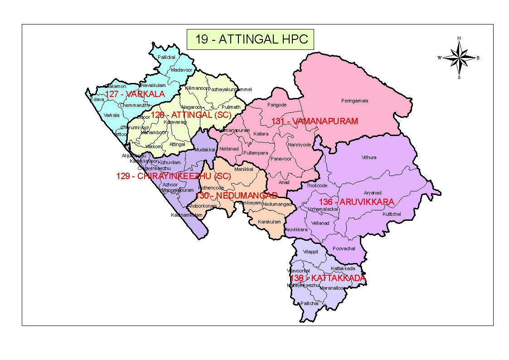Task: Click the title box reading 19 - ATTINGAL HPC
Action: click(x=250, y=39)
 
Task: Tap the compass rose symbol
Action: click(x=459, y=58)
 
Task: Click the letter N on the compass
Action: click(x=459, y=38)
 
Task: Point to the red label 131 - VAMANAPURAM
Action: click(x=315, y=121)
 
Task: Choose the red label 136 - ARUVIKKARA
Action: click(x=356, y=201)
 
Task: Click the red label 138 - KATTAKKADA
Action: click(x=327, y=278)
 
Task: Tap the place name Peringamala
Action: click(x=354, y=101)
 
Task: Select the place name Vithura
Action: click(x=368, y=158)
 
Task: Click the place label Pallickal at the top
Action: click(x=166, y=58)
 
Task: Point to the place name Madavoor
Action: click(x=182, y=70)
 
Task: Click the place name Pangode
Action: click(x=277, y=105)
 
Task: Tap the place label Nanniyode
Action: click(x=300, y=145)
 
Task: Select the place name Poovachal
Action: click(x=344, y=249)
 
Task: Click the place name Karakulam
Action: click(x=269, y=222)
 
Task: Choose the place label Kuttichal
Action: click(x=392, y=214)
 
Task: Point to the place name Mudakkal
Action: click(x=204, y=150)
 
